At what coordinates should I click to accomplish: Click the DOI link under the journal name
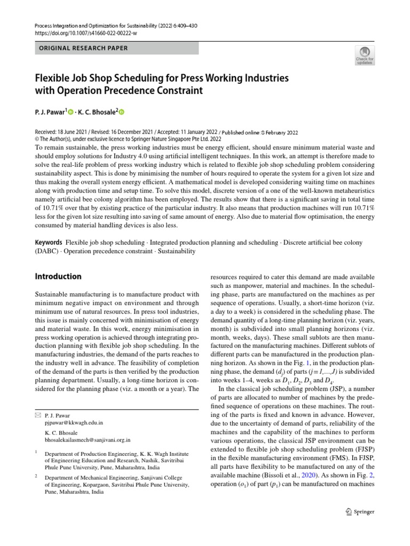[85, 33]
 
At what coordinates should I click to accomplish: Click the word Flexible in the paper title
[53, 78]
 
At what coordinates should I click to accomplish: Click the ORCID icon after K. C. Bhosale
[121, 112]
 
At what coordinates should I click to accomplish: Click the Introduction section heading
[58, 277]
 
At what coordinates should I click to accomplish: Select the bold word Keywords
[48, 243]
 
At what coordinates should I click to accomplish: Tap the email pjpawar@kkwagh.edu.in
[74, 422]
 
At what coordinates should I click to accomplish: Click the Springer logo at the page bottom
[359, 511]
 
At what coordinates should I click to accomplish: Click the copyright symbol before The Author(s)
[37, 140]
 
